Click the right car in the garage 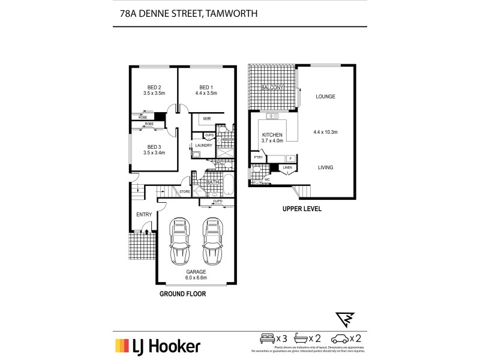[212, 241]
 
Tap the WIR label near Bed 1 [206, 119]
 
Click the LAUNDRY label [203, 145]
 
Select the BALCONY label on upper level [272, 88]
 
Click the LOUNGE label [325, 97]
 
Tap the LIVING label [325, 167]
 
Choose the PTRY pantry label [259, 158]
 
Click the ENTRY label [144, 214]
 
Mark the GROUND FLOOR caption [182, 295]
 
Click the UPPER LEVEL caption [302, 209]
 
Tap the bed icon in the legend [267, 337]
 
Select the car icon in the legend [340, 337]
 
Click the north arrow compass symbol [346, 318]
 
